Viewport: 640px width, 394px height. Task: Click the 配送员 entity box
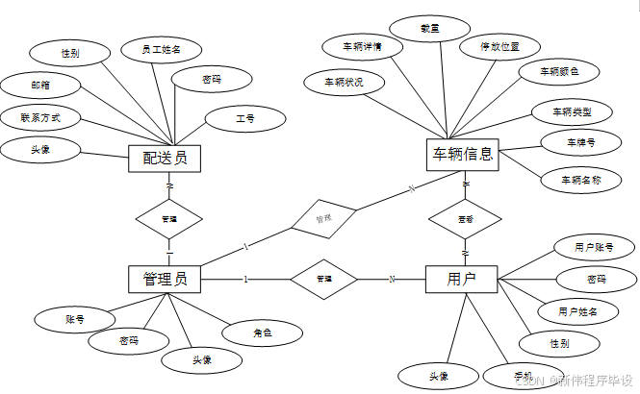(x=165, y=158)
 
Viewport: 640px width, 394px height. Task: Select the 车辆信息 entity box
(x=463, y=154)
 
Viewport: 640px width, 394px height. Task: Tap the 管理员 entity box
(x=165, y=279)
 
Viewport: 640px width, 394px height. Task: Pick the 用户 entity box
(x=461, y=279)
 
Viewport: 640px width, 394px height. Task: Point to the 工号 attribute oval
(x=245, y=118)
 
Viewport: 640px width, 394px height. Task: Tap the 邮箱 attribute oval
(x=40, y=85)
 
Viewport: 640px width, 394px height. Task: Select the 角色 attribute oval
(x=262, y=332)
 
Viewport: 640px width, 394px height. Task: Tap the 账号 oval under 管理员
(x=74, y=317)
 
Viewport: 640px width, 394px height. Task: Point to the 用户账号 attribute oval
(x=593, y=247)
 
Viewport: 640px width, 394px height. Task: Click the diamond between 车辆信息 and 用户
(x=465, y=219)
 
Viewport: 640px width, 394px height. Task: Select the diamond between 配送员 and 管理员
(x=169, y=219)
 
